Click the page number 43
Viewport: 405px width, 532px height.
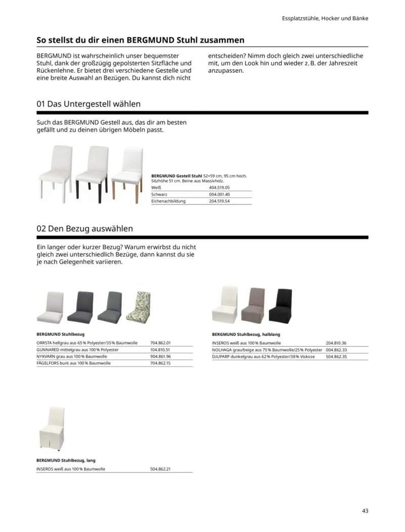(x=365, y=511)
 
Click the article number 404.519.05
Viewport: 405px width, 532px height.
(x=219, y=187)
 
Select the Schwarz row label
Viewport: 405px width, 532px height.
(x=159, y=194)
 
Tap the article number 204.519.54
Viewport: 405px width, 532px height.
(x=219, y=201)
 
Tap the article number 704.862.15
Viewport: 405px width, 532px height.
(x=160, y=363)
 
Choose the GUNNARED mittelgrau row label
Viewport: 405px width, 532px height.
(x=77, y=350)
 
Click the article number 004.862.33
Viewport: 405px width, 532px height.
(x=336, y=350)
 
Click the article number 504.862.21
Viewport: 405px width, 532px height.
(x=160, y=469)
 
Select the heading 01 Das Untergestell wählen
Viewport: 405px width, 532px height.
(x=89, y=104)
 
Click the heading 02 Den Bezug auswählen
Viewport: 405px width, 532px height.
(x=85, y=229)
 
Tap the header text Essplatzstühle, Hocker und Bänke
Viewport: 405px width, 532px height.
(x=325, y=18)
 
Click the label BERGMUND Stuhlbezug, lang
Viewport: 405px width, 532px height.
(x=66, y=461)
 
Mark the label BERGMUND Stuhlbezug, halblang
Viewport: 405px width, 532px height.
(x=246, y=335)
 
